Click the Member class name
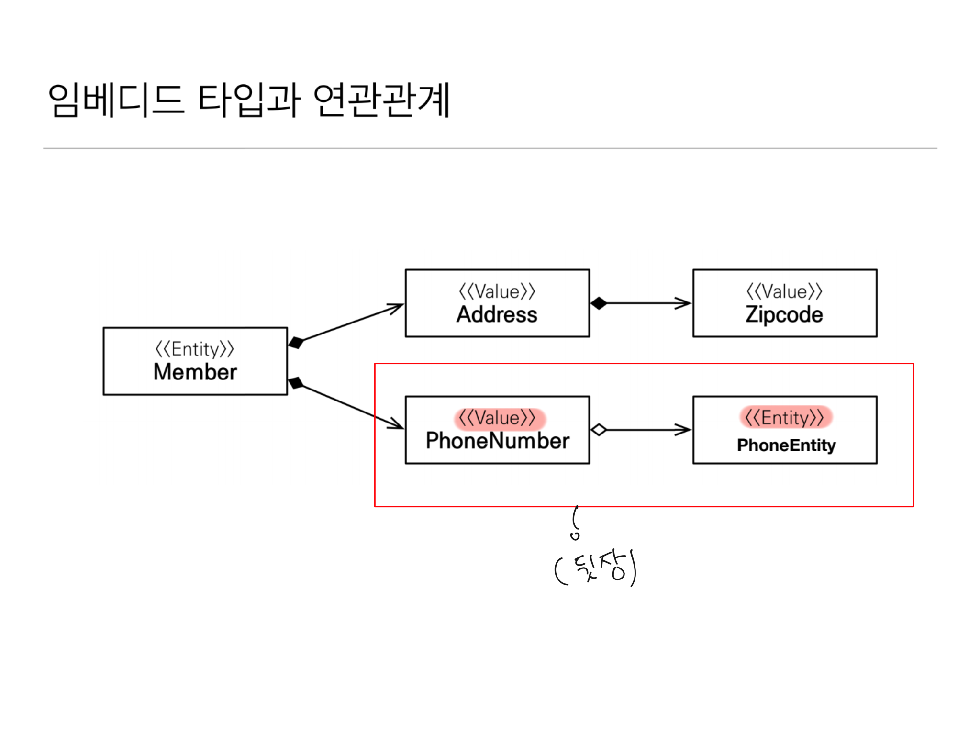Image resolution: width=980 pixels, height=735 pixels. [195, 372]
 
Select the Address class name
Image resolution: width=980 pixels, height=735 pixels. [497, 315]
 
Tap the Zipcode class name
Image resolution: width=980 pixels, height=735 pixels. [784, 315]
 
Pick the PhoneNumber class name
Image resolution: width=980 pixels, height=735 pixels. [498, 441]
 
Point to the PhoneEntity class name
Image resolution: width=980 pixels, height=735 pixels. [786, 445]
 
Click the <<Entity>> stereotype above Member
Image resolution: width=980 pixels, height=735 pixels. [195, 349]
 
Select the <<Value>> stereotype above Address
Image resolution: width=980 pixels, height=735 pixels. [497, 291]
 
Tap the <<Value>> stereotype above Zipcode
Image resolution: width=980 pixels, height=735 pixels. [784, 291]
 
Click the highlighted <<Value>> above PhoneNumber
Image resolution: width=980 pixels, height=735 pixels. [498, 418]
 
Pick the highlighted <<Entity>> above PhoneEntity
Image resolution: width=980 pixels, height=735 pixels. [785, 418]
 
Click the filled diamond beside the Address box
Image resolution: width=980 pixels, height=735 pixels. [599, 303]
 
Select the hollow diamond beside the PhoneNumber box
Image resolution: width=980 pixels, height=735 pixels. [599, 430]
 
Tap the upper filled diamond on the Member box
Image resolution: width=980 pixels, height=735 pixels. [296, 343]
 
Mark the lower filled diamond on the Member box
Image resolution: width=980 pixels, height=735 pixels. [296, 383]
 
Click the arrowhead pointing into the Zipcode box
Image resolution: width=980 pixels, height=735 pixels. [684, 303]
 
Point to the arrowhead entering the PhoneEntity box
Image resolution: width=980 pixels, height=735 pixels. [684, 430]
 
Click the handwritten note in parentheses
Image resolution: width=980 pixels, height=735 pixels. [596, 568]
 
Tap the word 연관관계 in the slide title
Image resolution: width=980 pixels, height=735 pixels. [382, 100]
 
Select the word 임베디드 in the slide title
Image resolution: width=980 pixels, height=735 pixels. [116, 100]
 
